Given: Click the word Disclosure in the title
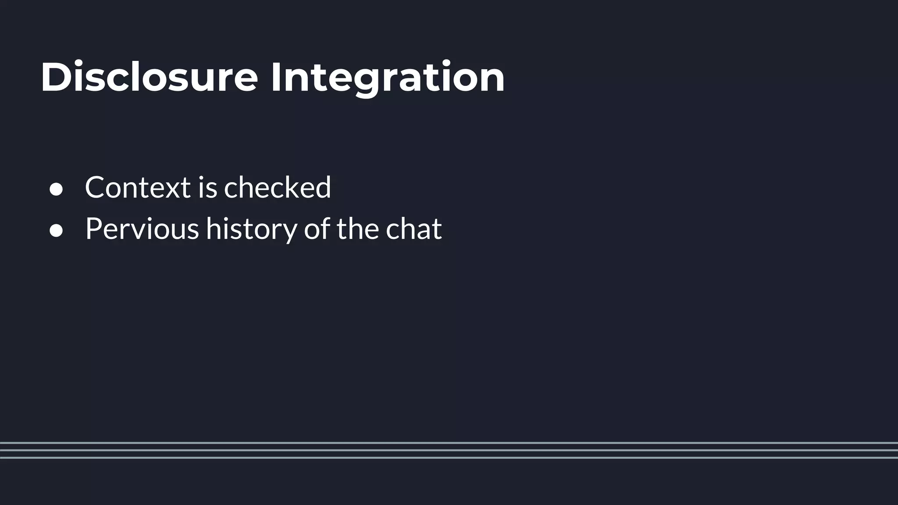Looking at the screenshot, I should coord(149,78).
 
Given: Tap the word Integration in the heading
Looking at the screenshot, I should coord(387,78).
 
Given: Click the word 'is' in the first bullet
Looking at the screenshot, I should coord(207,187).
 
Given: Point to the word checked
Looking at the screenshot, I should coord(278,187).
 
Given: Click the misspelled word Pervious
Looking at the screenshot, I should coord(142,228).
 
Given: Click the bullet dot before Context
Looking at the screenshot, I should coord(56,189).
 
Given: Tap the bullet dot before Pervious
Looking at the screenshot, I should coord(56,231).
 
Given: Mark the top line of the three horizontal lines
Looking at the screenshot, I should coord(449,443).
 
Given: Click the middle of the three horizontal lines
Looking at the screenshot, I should coord(449,450).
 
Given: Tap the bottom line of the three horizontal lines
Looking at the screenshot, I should coord(449,458).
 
